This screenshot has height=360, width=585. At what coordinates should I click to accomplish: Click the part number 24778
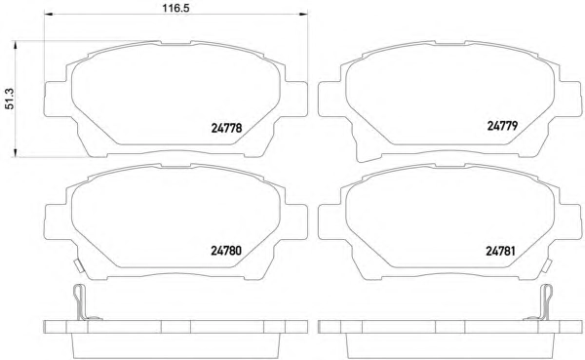[x=226, y=128]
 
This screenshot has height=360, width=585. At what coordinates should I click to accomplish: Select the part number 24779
[x=502, y=126]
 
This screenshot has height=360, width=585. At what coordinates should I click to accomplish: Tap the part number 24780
[x=226, y=250]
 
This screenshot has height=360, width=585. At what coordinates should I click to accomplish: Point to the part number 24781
[x=500, y=251]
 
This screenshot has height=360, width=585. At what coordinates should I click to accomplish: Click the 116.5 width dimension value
[x=175, y=8]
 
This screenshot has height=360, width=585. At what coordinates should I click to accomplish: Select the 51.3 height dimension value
[x=9, y=99]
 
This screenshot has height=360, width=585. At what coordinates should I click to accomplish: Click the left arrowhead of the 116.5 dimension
[x=49, y=15]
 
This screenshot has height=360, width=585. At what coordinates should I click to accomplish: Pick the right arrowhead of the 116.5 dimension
[x=303, y=15]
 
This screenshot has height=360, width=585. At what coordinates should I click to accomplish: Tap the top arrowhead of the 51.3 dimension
[x=16, y=46]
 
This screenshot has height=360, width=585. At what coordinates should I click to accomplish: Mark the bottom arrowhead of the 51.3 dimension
[x=16, y=152]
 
